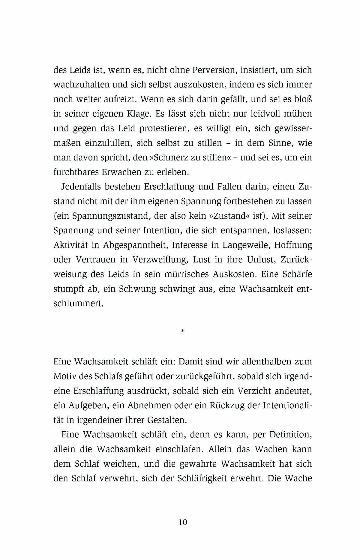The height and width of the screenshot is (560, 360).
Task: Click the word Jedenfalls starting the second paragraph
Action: [x=79, y=187]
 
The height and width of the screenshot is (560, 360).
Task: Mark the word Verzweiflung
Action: [x=160, y=260]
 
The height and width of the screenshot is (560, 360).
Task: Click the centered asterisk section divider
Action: [x=183, y=331]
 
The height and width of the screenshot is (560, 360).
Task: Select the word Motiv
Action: [x=63, y=376]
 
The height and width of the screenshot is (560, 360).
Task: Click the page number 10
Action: [x=183, y=522]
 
